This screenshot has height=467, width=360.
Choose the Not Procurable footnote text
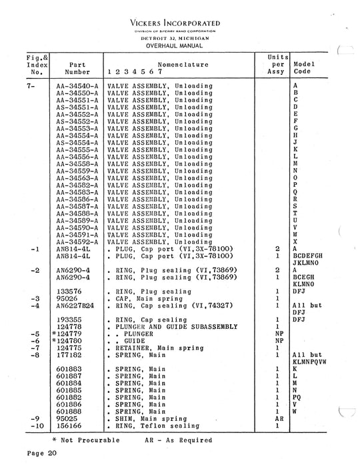click(86, 440)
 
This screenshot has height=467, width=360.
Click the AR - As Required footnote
click(178, 440)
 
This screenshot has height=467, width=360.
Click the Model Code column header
click(303, 68)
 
